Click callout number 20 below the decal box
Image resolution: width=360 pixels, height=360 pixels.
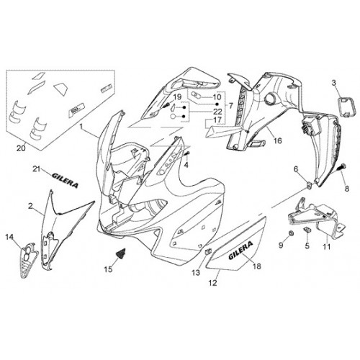click(x=21, y=148)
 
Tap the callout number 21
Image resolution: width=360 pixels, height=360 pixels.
click(x=36, y=169)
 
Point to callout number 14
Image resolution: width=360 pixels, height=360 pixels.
click(x=9, y=237)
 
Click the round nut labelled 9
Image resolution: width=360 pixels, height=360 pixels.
click(x=291, y=233)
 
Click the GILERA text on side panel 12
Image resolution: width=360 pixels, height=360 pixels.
click(x=240, y=251)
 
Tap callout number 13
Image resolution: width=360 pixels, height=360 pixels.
click(x=196, y=273)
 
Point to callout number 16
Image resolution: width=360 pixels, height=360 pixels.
click(x=277, y=140)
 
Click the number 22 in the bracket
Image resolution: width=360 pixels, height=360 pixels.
click(x=217, y=112)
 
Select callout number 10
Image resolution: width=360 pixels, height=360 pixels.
click(x=217, y=97)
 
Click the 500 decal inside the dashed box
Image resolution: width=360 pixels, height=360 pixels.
click(x=77, y=112)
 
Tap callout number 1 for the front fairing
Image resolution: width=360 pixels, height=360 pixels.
click(x=81, y=126)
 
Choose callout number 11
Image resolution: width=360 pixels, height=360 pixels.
click(x=327, y=246)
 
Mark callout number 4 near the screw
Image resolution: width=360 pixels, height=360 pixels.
click(x=186, y=165)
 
